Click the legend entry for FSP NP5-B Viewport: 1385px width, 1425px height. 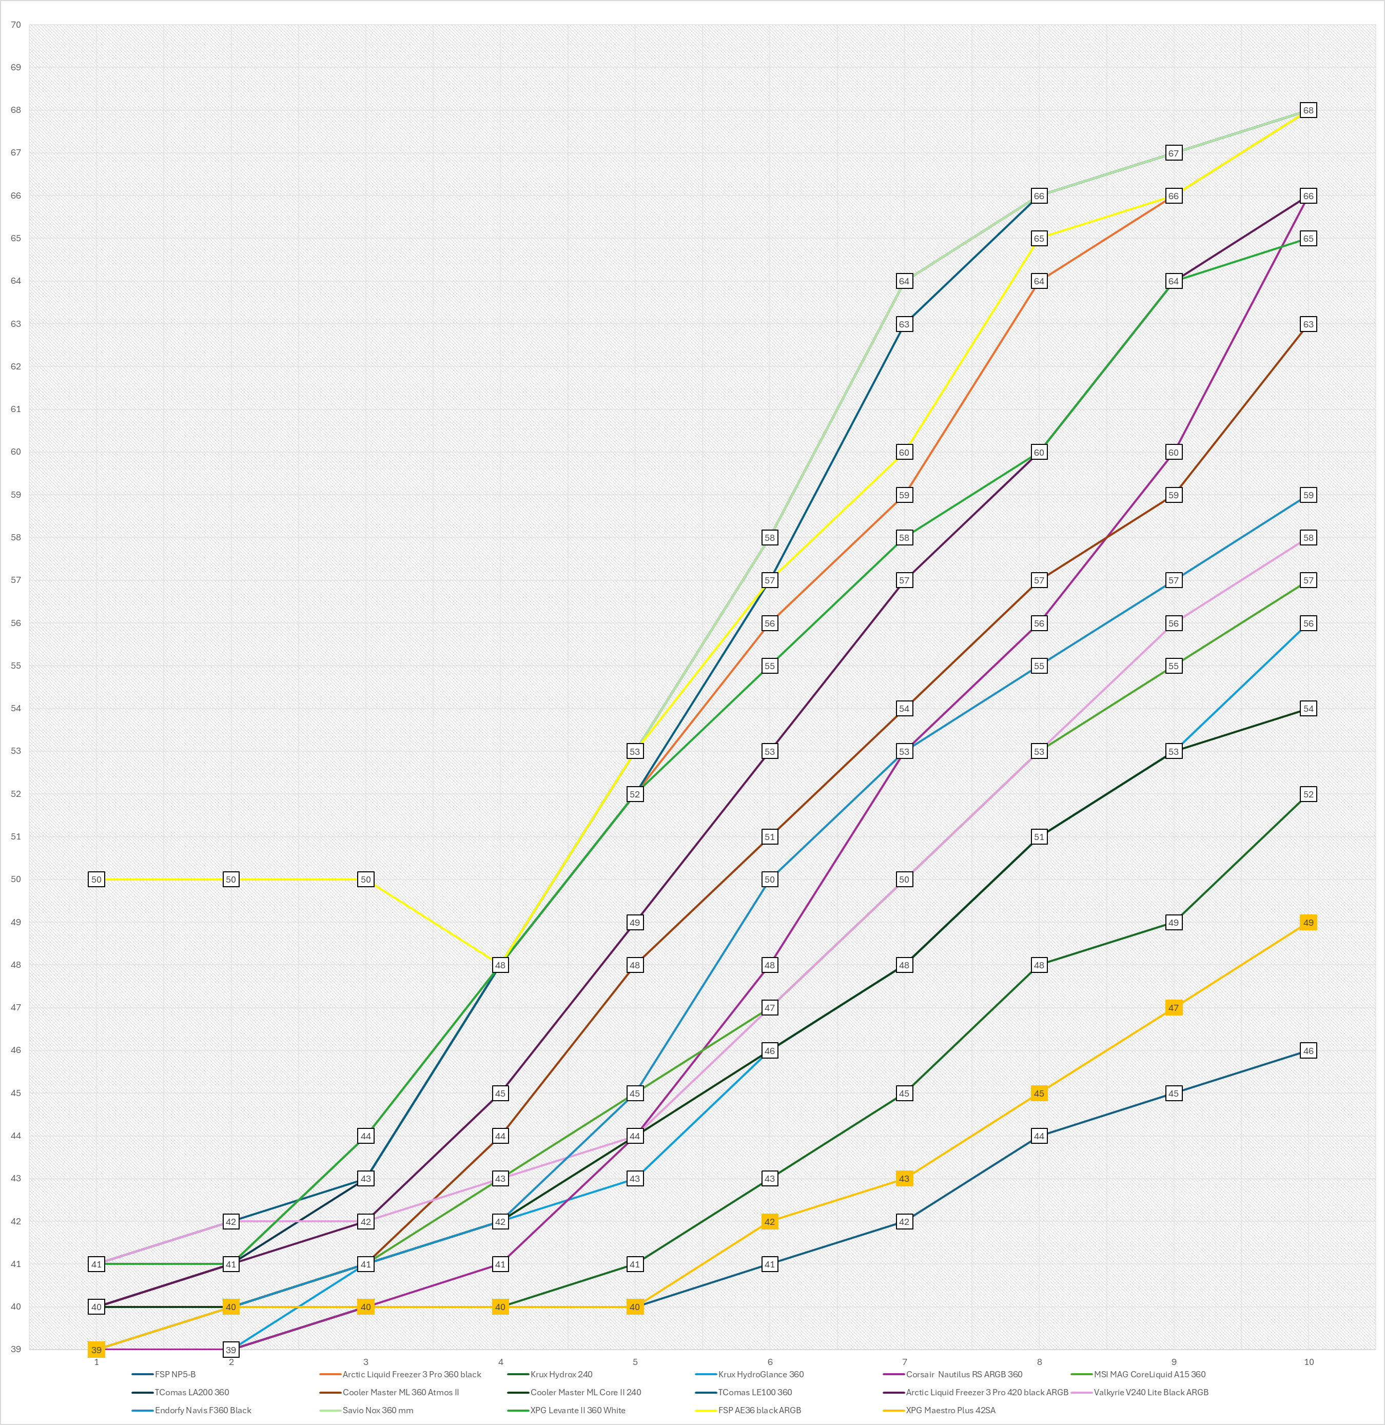(x=174, y=1374)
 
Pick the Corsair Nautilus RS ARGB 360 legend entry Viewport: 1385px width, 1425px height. (x=964, y=1374)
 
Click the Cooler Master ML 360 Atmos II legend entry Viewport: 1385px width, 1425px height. (x=400, y=1392)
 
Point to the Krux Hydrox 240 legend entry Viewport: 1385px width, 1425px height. (x=561, y=1374)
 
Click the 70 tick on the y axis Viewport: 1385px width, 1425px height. (x=15, y=25)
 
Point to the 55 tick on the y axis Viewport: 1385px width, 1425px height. (x=15, y=666)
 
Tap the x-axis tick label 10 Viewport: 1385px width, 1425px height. (x=1309, y=1362)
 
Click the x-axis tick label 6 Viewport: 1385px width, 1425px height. (x=770, y=1362)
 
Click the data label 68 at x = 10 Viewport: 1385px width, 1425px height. (x=1308, y=110)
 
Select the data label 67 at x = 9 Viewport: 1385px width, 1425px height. (x=1173, y=153)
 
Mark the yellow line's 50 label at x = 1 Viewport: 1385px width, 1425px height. (x=96, y=880)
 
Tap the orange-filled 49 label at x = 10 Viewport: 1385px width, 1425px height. (x=1308, y=922)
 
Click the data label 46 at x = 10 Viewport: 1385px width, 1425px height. (x=1308, y=1050)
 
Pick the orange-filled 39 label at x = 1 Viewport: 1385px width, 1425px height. (x=96, y=1350)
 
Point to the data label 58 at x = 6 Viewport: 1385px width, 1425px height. (x=770, y=538)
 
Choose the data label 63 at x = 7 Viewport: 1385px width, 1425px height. (x=904, y=324)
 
